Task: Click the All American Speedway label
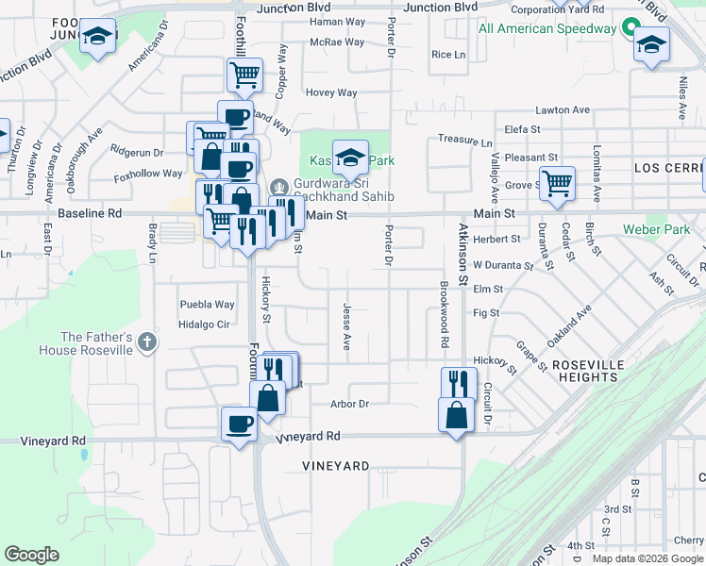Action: (x=547, y=28)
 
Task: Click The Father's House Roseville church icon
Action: (x=146, y=342)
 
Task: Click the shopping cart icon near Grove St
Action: (x=557, y=181)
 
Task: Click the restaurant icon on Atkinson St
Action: (x=458, y=382)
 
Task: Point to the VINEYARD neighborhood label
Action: (x=335, y=466)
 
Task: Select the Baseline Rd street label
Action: (x=90, y=214)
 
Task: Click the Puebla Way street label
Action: (x=208, y=305)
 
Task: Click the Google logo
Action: (x=31, y=555)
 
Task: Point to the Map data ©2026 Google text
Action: (x=648, y=558)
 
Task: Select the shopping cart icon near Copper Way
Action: (x=244, y=74)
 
